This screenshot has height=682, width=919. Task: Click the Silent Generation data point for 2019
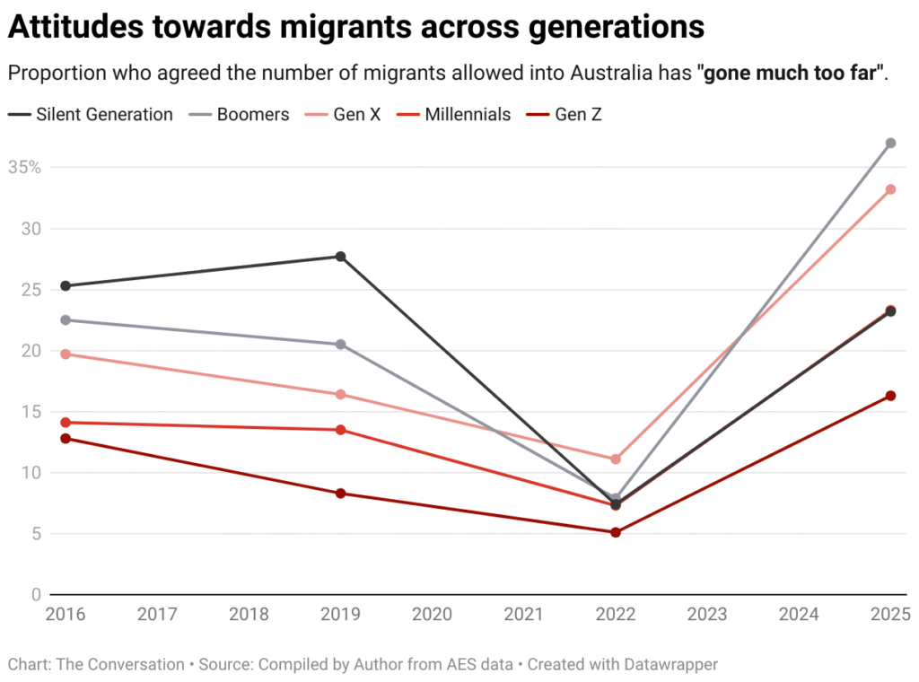click(341, 257)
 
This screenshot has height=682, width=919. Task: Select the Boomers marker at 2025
click(890, 144)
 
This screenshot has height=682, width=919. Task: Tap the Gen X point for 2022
click(616, 459)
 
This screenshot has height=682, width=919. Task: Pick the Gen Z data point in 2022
click(616, 532)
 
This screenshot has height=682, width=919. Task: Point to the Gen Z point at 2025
click(890, 396)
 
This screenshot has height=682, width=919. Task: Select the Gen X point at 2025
click(890, 189)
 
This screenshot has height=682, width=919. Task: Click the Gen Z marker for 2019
click(341, 494)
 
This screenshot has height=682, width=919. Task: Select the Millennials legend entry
click(468, 115)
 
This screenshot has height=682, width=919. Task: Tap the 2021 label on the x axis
click(523, 615)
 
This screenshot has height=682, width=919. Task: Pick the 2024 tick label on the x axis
click(799, 615)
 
